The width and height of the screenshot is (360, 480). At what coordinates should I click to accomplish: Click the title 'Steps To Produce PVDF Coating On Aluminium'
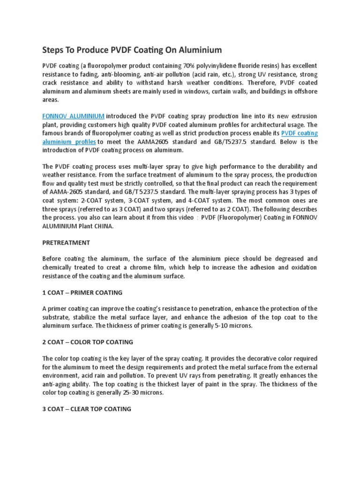[x=132, y=50]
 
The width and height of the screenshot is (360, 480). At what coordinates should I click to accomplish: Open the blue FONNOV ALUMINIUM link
[x=73, y=116]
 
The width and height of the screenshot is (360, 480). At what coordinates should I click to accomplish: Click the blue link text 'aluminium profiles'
[x=69, y=142]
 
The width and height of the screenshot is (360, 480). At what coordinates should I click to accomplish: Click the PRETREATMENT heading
[x=66, y=243]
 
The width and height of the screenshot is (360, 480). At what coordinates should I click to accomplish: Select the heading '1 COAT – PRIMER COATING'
[x=82, y=292]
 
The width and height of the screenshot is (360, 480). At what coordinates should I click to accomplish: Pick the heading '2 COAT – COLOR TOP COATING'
[x=88, y=342]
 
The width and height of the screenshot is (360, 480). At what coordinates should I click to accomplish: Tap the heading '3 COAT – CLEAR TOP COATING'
[x=87, y=409]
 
